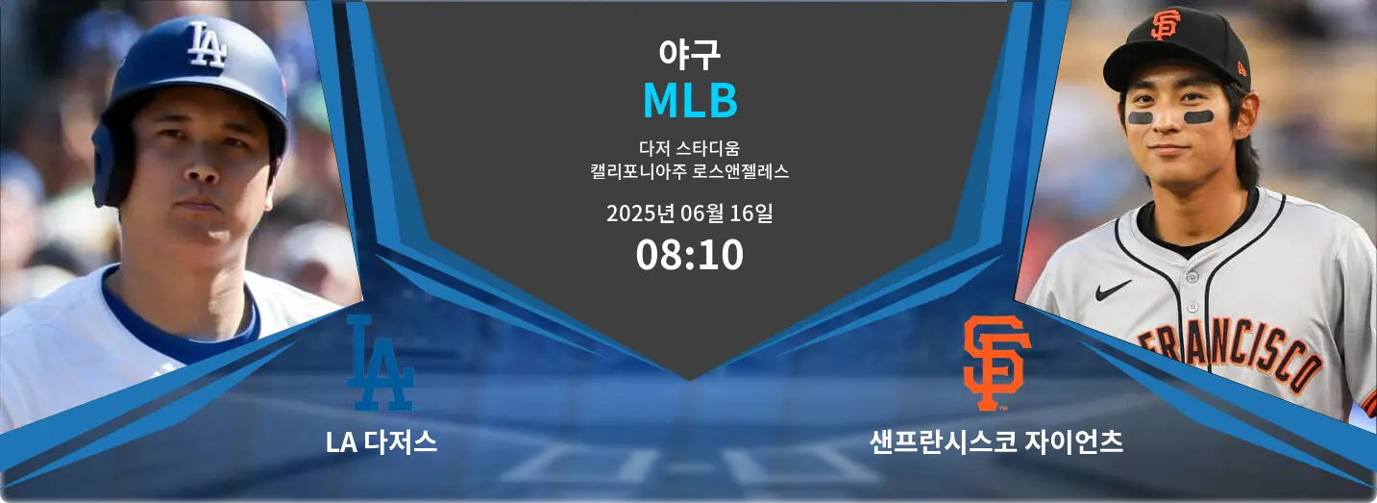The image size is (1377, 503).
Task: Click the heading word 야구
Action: (689, 55)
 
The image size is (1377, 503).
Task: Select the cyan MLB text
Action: (690, 100)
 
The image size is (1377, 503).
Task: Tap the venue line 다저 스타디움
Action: (689, 148)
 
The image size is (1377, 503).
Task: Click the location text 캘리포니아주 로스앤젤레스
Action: (689, 171)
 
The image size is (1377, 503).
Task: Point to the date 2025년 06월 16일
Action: (689, 214)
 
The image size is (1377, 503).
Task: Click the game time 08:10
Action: (689, 255)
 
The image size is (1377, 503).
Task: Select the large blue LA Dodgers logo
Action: (381, 363)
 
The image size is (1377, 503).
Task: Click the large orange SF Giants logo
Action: (996, 363)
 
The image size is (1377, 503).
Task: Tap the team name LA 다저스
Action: (381, 441)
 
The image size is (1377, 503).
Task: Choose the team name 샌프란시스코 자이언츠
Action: (996, 441)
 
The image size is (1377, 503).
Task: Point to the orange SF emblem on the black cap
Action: (1166, 25)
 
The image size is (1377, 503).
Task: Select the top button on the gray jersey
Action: (1193, 277)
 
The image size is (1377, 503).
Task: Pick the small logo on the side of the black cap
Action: (1242, 67)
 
